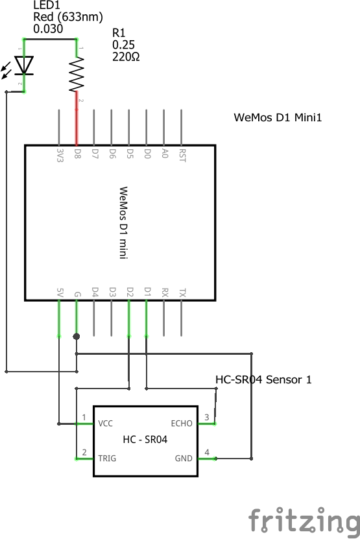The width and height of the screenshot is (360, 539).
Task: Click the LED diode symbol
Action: [25, 66]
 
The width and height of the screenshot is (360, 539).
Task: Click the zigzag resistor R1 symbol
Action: [77, 74]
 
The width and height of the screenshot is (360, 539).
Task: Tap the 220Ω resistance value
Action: [126, 56]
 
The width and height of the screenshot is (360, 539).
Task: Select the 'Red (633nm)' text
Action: [67, 17]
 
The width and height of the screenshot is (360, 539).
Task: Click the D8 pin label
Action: [77, 154]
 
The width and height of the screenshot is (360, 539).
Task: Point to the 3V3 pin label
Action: [60, 155]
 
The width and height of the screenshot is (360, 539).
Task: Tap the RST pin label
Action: [182, 155]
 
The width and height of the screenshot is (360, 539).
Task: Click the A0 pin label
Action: [165, 154]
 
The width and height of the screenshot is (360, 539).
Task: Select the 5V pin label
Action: [60, 293]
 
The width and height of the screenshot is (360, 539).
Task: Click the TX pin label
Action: [182, 293]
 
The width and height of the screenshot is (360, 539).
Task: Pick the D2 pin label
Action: [130, 293]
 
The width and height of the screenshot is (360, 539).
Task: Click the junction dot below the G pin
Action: [77, 336]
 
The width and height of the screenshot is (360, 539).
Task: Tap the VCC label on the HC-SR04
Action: [106, 424]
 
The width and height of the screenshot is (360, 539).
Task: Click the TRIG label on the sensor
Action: [108, 458]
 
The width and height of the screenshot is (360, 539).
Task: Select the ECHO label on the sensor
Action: [182, 424]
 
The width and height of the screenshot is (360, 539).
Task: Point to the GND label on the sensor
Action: [184, 458]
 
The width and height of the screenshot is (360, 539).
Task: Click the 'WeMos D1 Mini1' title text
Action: [278, 117]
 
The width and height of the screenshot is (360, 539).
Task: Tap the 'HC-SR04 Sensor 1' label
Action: [263, 379]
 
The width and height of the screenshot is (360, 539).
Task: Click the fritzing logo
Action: [304, 520]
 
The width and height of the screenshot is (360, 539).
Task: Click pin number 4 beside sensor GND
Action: [207, 452]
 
